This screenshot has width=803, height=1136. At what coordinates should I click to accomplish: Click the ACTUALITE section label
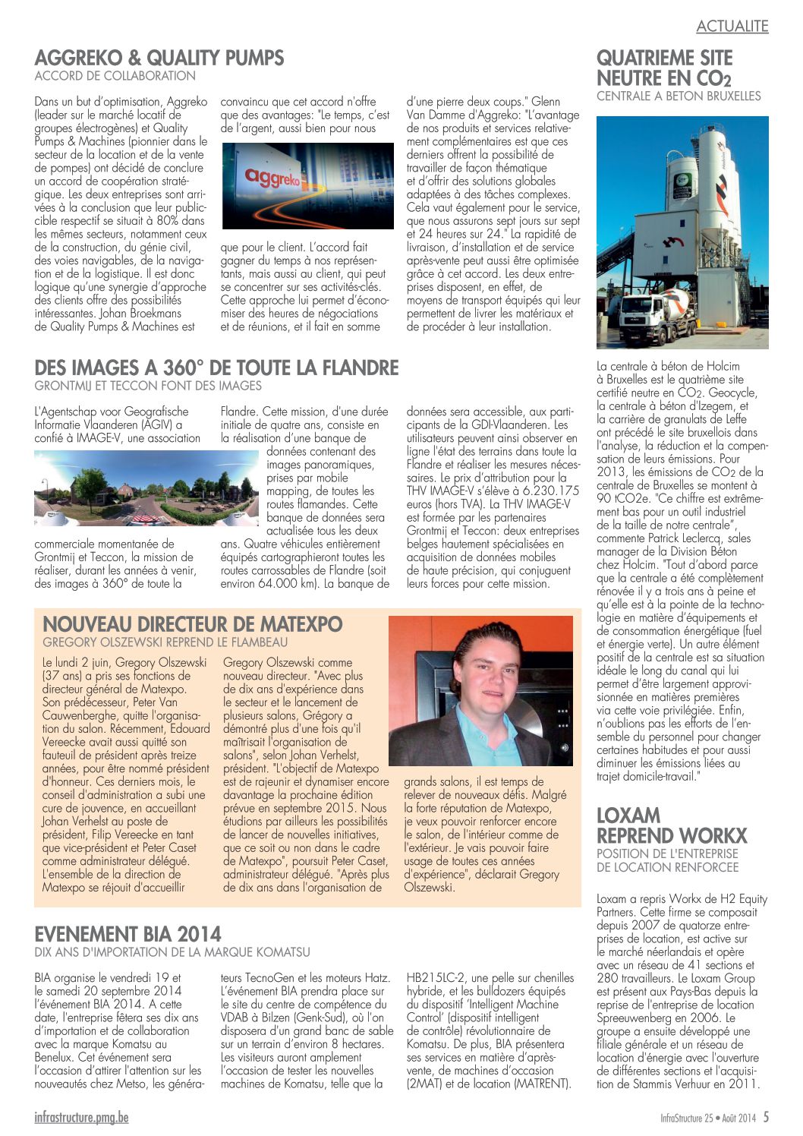click(x=732, y=27)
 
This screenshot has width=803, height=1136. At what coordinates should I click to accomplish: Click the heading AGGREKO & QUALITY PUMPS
click(x=159, y=58)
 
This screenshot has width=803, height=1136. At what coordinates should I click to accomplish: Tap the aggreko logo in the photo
click(x=272, y=178)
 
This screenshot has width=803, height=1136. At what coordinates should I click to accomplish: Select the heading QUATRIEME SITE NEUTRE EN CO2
click(x=664, y=68)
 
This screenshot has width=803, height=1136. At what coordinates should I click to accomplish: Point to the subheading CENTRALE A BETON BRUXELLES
click(x=679, y=96)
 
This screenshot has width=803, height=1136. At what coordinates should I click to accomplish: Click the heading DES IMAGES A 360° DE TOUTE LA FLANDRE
click(x=216, y=368)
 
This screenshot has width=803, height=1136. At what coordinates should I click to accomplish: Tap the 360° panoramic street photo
click(x=146, y=488)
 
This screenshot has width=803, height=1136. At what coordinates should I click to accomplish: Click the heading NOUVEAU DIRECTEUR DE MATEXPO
click(x=193, y=624)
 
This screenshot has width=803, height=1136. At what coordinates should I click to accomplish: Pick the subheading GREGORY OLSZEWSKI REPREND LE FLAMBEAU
click(x=165, y=642)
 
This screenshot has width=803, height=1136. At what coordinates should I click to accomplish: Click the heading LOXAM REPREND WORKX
click(x=672, y=825)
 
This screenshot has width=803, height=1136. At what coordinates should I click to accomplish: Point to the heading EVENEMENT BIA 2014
click(x=128, y=934)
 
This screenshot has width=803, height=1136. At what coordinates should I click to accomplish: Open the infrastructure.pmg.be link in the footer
click(x=81, y=1117)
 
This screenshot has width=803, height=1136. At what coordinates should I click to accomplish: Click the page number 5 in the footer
click(x=766, y=1117)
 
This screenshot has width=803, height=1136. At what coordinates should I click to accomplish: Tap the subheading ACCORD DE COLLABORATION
click(x=115, y=76)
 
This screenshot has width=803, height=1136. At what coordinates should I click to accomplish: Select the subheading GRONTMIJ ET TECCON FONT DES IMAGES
click(x=148, y=387)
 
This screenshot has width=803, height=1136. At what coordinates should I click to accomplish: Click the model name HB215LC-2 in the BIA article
click(x=437, y=978)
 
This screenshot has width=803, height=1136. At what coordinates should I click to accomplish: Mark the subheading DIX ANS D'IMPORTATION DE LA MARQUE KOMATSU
click(x=172, y=952)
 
